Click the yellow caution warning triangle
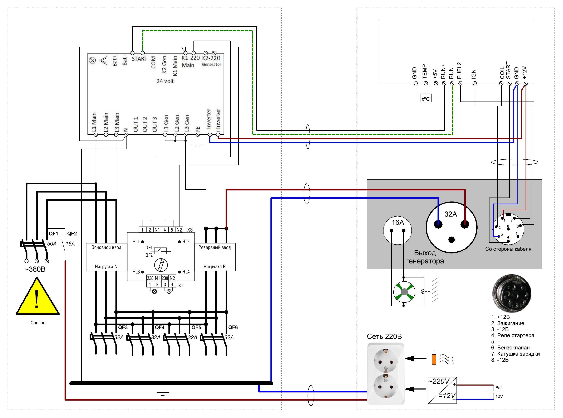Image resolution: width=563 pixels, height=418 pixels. point(37,297)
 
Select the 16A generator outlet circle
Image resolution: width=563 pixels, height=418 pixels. point(397,230)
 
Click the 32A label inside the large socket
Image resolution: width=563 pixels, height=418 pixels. point(450,214)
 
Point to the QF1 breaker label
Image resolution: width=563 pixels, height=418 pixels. point(53,234)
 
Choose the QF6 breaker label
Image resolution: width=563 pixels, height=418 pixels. point(233,327)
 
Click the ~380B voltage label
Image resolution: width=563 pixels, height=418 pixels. point(35,269)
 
